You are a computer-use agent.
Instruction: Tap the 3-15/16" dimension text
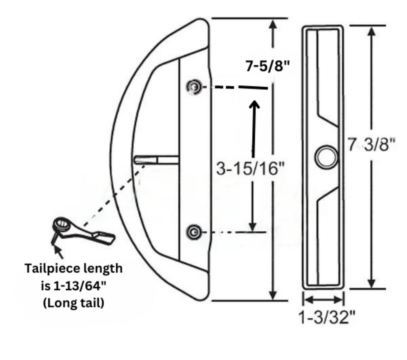(250, 168)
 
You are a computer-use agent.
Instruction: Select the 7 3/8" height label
(372, 144)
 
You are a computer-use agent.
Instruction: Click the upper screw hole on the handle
(194, 87)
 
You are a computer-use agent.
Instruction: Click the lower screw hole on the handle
(194, 232)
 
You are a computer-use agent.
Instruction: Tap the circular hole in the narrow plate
(326, 157)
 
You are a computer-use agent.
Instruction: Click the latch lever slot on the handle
(156, 160)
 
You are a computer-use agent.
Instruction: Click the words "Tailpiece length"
(74, 268)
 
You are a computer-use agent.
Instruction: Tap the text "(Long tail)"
(74, 303)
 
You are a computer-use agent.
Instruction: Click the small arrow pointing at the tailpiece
(58, 252)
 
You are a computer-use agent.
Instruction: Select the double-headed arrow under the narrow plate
(324, 300)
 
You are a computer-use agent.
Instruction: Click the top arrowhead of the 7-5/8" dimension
(273, 24)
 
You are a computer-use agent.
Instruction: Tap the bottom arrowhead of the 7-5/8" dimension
(273, 295)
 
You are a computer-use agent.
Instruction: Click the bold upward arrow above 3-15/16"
(254, 126)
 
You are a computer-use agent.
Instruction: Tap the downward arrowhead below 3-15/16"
(252, 226)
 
